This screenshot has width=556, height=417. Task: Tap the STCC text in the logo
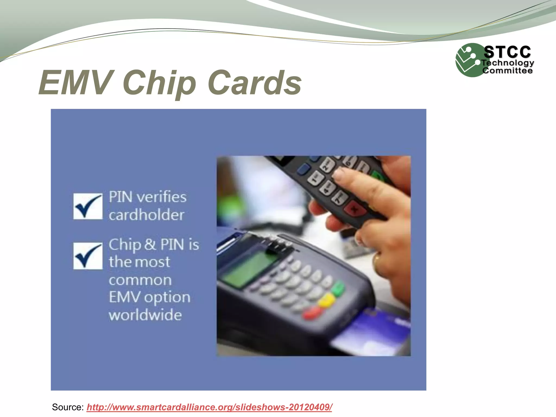[x=507, y=52]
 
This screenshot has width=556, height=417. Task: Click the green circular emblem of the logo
[x=468, y=60]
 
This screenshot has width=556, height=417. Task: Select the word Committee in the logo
[x=507, y=71]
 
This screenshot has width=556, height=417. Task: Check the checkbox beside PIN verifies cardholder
[x=88, y=206]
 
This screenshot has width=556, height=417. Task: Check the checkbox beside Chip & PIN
[x=88, y=256]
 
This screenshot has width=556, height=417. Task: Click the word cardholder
[x=147, y=215]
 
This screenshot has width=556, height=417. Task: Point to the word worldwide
[x=145, y=315]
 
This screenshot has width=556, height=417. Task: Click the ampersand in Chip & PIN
[x=150, y=244]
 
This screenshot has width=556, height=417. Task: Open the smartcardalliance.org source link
[x=209, y=407]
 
